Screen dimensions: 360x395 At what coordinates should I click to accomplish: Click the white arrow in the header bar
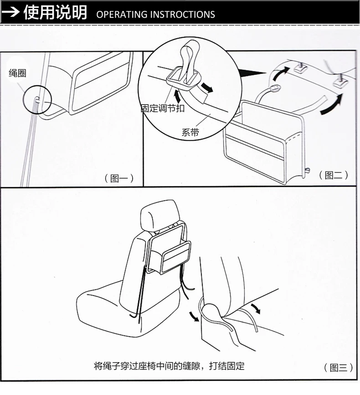tap(10, 12)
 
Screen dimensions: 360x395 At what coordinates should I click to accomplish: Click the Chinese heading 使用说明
tap(56, 12)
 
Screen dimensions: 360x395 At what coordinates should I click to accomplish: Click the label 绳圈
tap(17, 73)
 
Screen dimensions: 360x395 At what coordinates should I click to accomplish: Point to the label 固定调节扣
tap(163, 108)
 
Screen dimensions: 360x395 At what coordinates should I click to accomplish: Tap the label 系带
tap(190, 132)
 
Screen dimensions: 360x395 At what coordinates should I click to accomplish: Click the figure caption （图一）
tap(119, 178)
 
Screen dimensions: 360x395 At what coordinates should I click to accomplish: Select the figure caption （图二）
tap(334, 175)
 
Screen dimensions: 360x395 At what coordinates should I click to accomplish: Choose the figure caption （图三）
tap(338, 368)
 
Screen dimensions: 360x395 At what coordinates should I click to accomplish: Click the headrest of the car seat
tap(160, 216)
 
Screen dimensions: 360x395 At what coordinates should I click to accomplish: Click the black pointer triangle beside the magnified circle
tap(252, 73)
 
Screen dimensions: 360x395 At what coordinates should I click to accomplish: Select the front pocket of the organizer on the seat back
tap(176, 257)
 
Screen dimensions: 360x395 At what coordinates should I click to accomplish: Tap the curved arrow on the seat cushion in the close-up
tap(256, 308)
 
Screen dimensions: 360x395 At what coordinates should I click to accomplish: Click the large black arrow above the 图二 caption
tap(332, 104)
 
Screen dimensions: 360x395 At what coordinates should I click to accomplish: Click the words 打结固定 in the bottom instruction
tap(226, 366)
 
